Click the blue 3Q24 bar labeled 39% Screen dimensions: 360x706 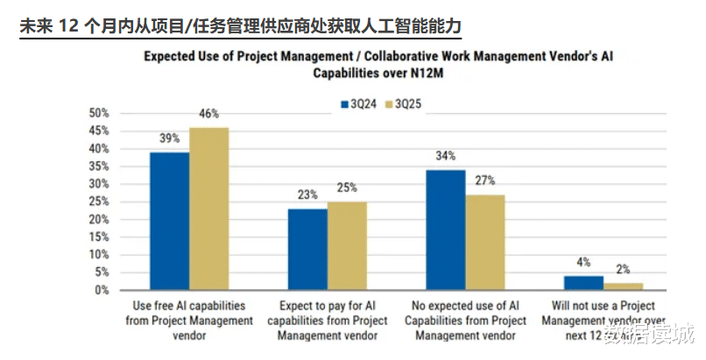(169, 221)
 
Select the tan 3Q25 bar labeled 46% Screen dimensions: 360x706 (208, 208)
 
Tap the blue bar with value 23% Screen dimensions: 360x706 (307, 249)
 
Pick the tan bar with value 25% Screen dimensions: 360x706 (347, 245)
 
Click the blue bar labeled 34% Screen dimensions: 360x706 (446, 229)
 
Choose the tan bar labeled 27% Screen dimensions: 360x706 (485, 242)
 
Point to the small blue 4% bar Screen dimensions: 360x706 (583, 282)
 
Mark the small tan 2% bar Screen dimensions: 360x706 (623, 286)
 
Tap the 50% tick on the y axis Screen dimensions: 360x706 (99, 113)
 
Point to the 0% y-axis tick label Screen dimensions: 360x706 (102, 290)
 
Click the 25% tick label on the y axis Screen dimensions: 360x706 (99, 201)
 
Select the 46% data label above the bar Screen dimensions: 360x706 (208, 114)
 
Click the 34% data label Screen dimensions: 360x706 (446, 157)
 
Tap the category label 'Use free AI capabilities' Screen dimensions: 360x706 (187, 307)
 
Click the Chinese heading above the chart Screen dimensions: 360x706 (239, 26)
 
